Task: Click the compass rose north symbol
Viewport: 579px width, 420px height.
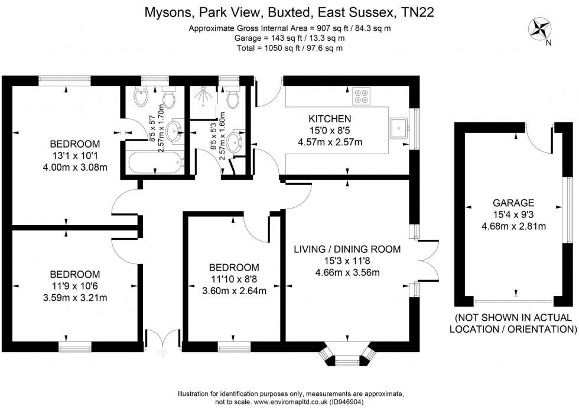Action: [540, 29]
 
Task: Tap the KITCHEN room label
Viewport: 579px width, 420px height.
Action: [330, 119]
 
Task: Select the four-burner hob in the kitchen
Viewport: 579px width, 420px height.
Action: [361, 96]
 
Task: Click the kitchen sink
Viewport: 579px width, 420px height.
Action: [399, 128]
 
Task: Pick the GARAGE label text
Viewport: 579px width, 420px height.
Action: [513, 203]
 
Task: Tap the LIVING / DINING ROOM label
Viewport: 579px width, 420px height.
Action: [347, 249]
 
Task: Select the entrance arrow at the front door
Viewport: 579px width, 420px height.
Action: [162, 353]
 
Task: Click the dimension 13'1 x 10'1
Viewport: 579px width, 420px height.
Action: [75, 155]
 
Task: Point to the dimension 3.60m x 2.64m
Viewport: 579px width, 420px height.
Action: [234, 291]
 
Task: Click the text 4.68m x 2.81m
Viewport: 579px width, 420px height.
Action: [513, 226]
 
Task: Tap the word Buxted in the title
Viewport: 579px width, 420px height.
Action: [288, 12]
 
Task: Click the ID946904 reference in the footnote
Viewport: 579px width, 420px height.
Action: [346, 402]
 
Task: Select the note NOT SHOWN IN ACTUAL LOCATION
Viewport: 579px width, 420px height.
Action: [513, 323]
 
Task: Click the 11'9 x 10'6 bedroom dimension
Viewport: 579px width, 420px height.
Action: [75, 286]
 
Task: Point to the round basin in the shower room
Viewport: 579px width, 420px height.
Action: [233, 142]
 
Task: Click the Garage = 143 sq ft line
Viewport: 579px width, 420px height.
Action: [289, 38]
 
